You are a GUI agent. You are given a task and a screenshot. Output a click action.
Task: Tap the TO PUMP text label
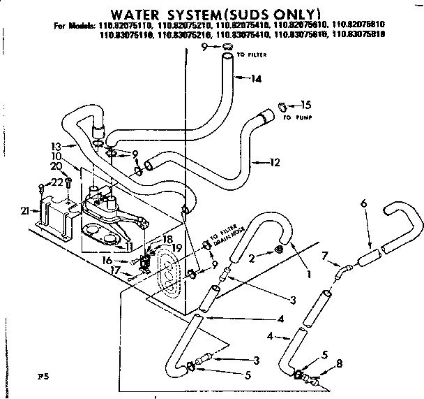pos(296,117)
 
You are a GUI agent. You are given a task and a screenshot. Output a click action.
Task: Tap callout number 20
pos(55,166)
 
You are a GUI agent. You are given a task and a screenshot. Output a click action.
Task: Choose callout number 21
pos(25,210)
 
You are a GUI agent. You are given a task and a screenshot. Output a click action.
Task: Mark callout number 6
pos(364,203)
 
